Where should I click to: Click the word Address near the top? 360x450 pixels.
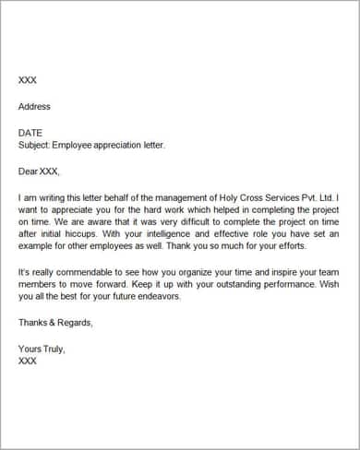pos(35,106)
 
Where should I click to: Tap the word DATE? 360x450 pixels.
pos(30,133)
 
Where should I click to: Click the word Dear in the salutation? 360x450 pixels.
pos(29,171)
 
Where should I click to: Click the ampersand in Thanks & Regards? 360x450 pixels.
pos(54,323)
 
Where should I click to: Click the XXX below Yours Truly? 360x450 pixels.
pos(29,361)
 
